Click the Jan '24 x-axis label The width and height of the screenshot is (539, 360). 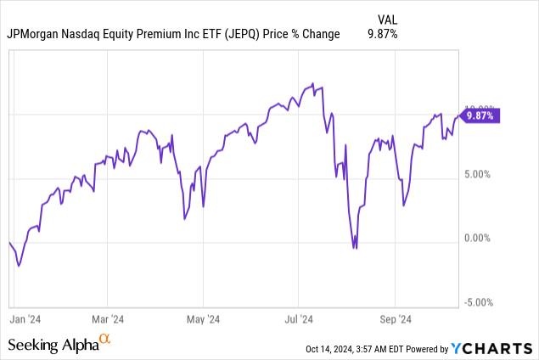tap(27, 319)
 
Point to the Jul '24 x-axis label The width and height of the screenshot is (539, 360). tap(299, 319)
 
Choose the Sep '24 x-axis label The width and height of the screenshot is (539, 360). tap(395, 319)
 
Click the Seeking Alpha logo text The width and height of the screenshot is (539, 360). tap(53, 345)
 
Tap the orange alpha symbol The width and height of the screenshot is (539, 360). tap(105, 340)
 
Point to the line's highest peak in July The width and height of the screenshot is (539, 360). tap(313, 83)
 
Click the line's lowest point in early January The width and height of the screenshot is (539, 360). tap(19, 265)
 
